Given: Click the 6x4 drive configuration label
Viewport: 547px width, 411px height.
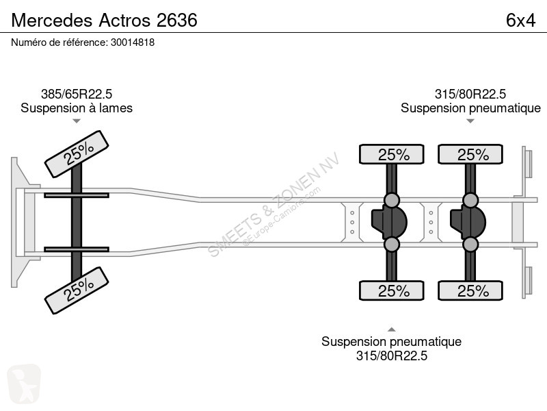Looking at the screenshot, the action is point(520,21).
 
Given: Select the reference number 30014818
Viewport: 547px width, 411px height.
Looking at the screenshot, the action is point(133,42).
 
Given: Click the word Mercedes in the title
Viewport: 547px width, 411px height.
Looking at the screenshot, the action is point(52,21).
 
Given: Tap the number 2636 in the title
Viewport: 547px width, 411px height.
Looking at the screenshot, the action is point(177,21).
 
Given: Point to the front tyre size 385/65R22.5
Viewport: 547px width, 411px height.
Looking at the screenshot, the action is point(77,94).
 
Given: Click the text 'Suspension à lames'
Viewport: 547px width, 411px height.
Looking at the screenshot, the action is point(77,108).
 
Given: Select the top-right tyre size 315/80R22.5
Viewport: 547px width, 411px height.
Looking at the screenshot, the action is point(470,94).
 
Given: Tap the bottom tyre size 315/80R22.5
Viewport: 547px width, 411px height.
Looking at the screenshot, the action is point(391,356).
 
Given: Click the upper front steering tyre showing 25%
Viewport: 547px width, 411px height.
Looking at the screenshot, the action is point(77,154).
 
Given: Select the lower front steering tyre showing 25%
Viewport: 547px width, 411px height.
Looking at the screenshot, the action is point(77,290).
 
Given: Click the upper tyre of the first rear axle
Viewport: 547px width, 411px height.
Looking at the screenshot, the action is point(391,154).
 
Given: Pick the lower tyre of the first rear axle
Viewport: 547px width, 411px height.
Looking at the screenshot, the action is point(391,290).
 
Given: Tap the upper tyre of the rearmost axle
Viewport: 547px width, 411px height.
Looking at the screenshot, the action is point(470,154).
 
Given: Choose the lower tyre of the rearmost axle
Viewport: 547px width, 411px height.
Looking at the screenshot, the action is point(470,290).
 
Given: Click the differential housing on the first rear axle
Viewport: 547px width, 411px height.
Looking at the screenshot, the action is point(389,222).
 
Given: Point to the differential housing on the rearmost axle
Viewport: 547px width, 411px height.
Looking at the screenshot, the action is point(468,222).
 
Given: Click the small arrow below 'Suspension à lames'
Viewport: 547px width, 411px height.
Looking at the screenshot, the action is point(77,121).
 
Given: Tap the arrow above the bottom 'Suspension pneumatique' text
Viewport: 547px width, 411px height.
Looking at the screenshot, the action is point(391,329).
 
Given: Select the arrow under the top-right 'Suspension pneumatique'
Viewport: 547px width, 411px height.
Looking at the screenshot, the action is point(470,121).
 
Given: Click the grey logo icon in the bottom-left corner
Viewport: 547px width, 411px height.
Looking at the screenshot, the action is point(24,384).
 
